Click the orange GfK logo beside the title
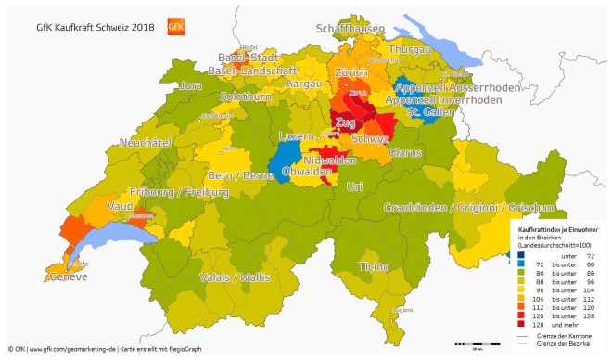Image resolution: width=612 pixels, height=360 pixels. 176,26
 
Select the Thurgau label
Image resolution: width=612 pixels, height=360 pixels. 410,49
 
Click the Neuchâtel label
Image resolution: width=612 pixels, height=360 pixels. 147,143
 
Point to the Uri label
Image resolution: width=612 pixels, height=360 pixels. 354,186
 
